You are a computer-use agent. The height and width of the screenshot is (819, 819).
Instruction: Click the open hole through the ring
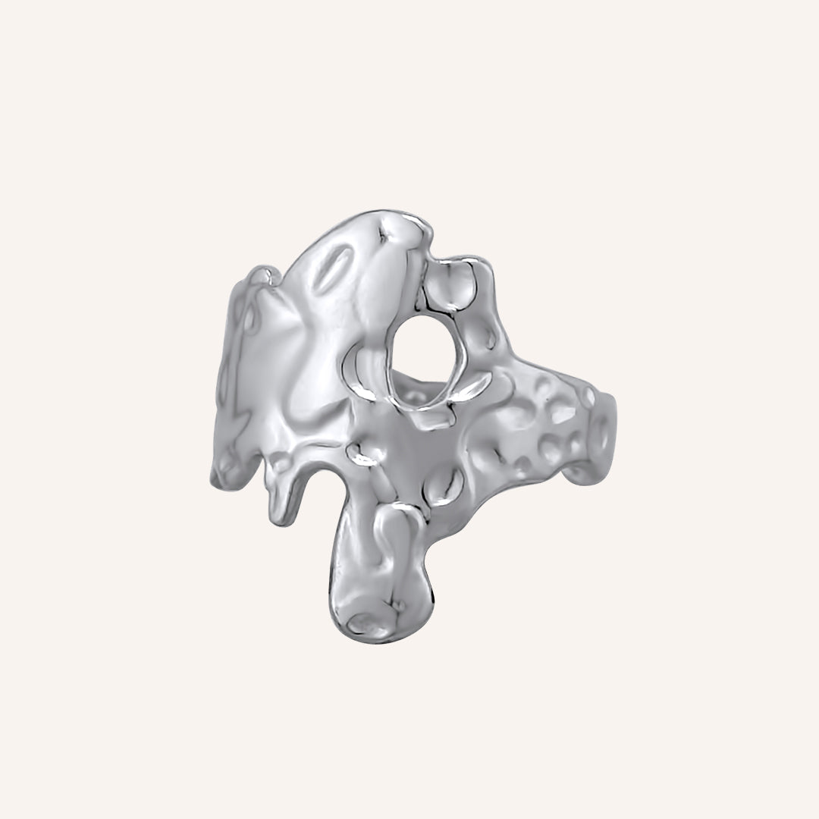[423, 356]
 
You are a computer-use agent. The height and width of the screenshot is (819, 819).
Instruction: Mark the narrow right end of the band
[607, 440]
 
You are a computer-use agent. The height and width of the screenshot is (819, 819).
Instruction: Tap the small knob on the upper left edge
[262, 273]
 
